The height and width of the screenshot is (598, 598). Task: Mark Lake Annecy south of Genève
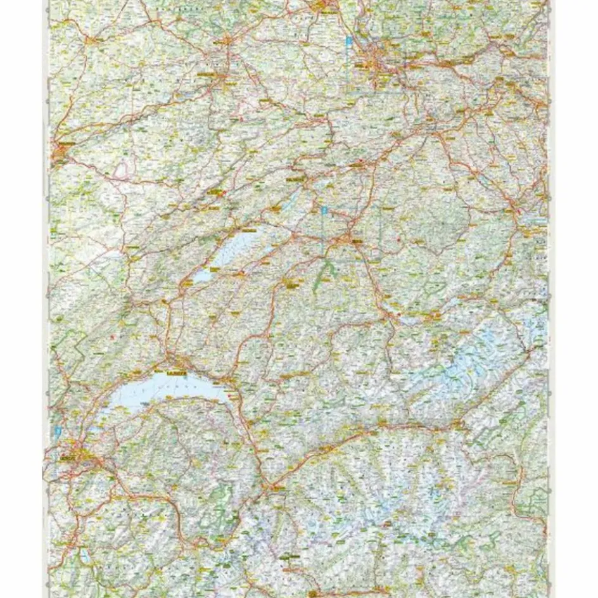tap(86, 555)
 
